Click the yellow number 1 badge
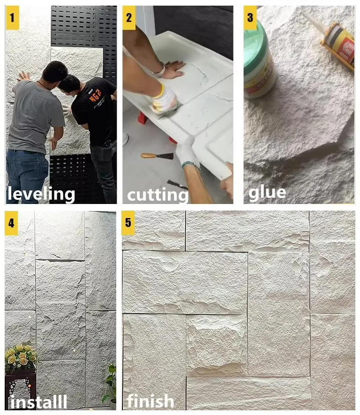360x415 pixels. point(12,18)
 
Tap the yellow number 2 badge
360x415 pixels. point(129,18)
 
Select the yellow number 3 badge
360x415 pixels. point(250,18)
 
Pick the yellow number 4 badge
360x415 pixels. point(11,223)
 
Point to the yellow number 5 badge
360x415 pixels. point(128,223)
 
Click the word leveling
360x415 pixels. point(41,194)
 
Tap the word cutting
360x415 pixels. point(158,194)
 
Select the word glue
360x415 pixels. point(267,192)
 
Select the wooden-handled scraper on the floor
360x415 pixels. point(157,156)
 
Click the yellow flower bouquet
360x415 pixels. point(21,356)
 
